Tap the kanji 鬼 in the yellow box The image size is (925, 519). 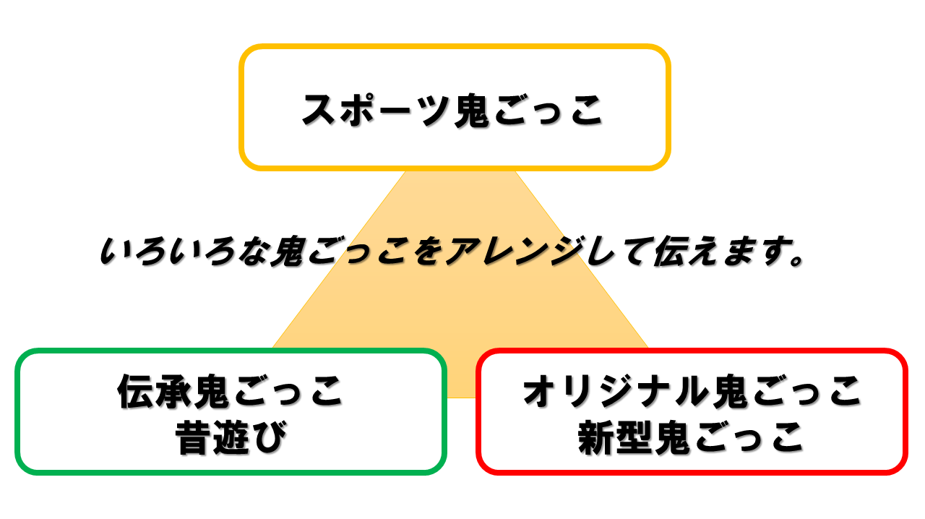coord(471,110)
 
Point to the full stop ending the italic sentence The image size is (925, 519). coord(796,259)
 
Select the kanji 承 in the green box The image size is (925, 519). coord(174,391)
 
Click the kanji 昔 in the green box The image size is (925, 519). coord(193,437)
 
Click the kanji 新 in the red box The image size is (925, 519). coord(596,437)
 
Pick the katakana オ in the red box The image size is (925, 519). coord(539,391)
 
